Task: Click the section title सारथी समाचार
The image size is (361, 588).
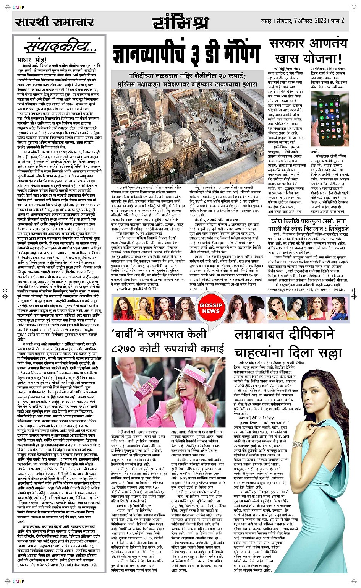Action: (x=54, y=22)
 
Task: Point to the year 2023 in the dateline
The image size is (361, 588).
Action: (x=321, y=20)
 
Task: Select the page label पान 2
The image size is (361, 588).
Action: (x=338, y=20)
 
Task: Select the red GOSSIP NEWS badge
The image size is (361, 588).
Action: (x=211, y=308)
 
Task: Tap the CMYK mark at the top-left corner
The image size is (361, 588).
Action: (x=19, y=7)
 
